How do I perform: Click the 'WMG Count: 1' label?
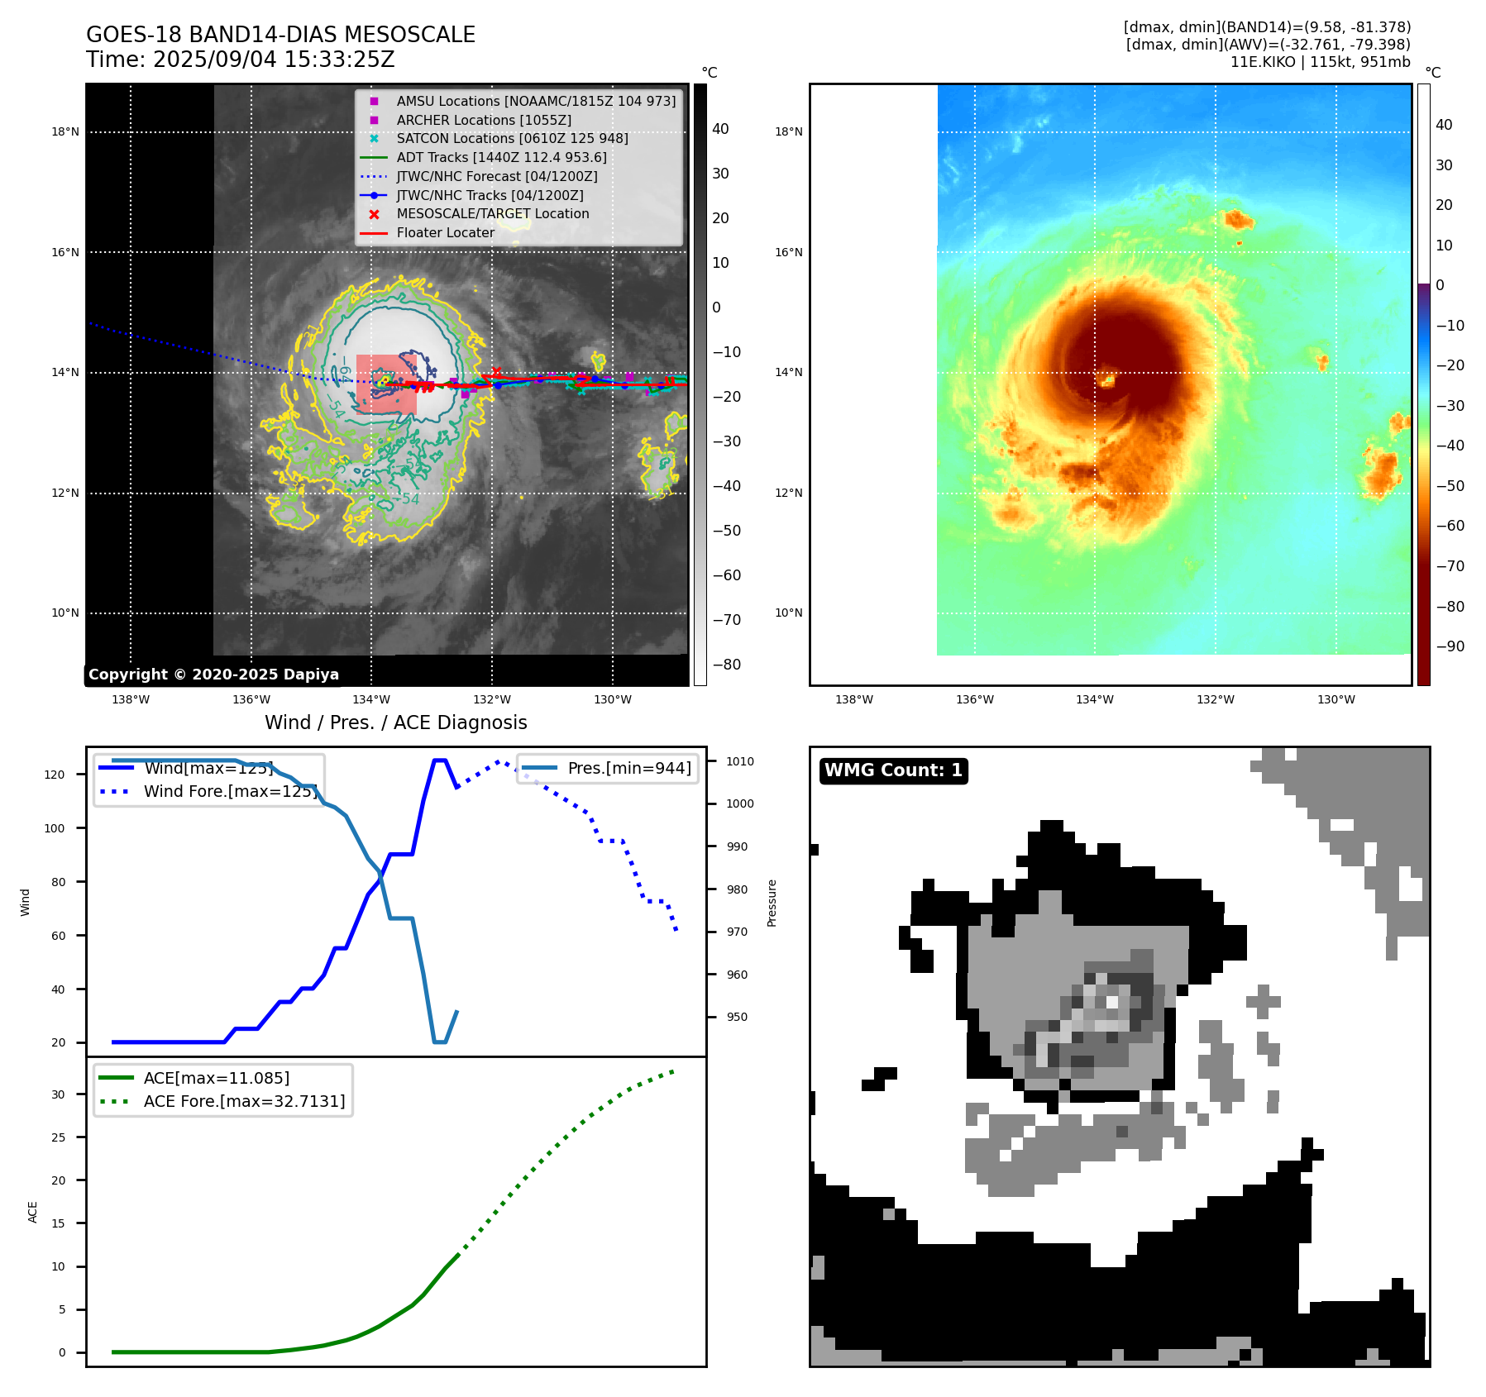tap(893, 770)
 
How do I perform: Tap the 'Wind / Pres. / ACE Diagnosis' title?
tap(395, 722)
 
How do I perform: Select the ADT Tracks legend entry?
tap(501, 157)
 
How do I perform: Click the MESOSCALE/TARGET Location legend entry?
tap(492, 213)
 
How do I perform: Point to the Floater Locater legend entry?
tap(445, 232)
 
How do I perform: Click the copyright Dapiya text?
tap(213, 675)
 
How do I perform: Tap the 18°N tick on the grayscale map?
tap(65, 131)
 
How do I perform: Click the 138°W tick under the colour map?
tap(854, 699)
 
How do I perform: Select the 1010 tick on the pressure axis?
tap(740, 761)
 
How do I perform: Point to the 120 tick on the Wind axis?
tap(55, 775)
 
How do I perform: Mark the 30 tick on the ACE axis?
tap(58, 1094)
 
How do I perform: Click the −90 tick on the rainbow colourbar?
tap(1450, 646)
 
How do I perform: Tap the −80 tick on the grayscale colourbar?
tap(726, 665)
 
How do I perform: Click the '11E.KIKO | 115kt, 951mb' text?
tap(1320, 62)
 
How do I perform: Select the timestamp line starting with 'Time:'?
tap(240, 60)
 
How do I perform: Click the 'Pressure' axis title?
tap(772, 903)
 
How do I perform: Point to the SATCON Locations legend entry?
tap(512, 138)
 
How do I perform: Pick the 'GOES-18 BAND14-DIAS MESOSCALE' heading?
tap(280, 35)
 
